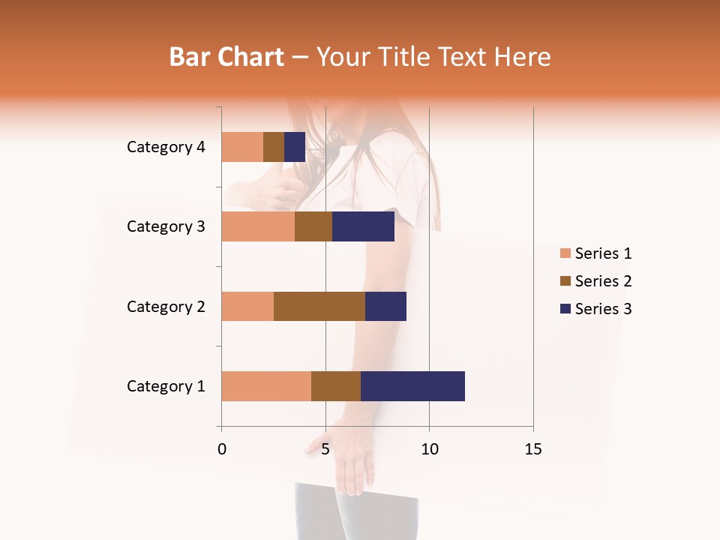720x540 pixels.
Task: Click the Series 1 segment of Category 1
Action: (x=266, y=386)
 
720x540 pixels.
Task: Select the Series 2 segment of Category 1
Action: (x=336, y=386)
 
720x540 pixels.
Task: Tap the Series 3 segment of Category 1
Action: (x=412, y=386)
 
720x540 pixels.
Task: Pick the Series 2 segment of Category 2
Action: (x=319, y=306)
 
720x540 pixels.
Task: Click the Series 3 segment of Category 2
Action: (x=385, y=306)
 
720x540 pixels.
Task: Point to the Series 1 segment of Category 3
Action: (x=258, y=226)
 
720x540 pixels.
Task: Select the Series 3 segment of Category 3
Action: (x=363, y=226)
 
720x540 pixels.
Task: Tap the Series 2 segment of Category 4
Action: (x=274, y=147)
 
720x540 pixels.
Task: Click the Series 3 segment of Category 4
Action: (x=295, y=147)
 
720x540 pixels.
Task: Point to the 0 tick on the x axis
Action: (x=222, y=449)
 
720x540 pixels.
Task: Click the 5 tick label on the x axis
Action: (x=325, y=449)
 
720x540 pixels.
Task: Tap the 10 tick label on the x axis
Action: (x=429, y=449)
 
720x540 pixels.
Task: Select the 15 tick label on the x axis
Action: (x=533, y=449)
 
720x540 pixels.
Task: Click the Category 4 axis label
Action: (x=166, y=147)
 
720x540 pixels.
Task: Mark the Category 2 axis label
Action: (x=166, y=306)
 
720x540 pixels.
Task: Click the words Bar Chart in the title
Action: (x=226, y=57)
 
